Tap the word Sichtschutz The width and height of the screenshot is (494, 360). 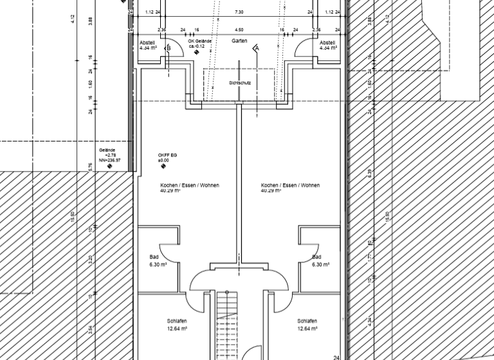pyautogui.click(x=239, y=84)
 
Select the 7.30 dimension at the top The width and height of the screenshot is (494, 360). pyautogui.click(x=239, y=12)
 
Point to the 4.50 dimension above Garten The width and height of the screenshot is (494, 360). pyautogui.click(x=239, y=30)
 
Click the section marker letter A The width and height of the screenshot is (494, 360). pyautogui.click(x=256, y=48)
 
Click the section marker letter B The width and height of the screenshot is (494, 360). pyautogui.click(x=169, y=48)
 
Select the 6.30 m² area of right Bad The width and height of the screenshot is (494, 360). pyautogui.click(x=320, y=264)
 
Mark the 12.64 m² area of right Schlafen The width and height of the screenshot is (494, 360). pyautogui.click(x=306, y=328)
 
